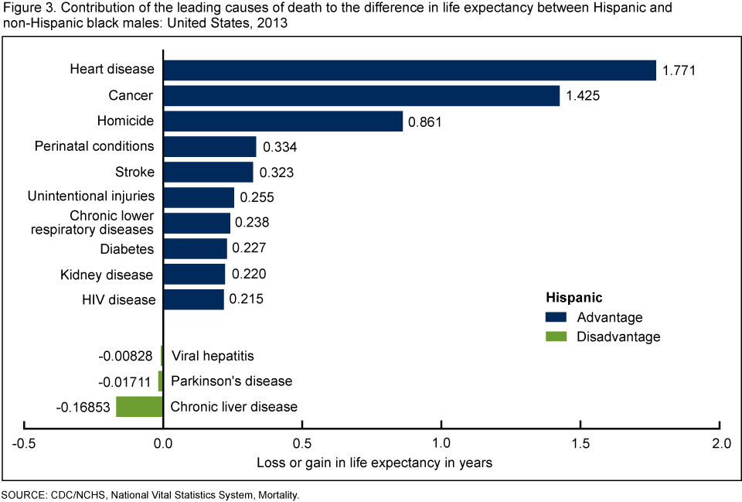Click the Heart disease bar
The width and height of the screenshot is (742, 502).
409,70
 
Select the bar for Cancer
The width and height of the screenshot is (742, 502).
361,96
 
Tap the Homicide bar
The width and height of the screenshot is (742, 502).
283,121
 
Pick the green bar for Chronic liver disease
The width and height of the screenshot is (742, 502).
139,406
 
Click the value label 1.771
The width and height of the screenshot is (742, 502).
679,70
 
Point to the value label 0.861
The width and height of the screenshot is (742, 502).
426,121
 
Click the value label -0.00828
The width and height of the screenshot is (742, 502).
127,356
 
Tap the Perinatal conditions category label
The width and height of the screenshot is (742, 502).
94,146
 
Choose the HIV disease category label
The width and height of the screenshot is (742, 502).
118,299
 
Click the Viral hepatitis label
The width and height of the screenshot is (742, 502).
212,356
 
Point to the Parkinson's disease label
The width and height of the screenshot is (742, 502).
231,381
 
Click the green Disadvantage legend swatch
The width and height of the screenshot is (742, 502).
555,336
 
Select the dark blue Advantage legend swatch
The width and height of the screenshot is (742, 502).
555,317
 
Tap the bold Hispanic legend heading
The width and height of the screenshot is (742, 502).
574,297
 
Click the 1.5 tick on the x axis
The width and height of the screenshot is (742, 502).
580,444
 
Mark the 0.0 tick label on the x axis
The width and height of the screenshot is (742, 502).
162,444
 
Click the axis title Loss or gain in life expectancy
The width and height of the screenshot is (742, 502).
373,463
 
